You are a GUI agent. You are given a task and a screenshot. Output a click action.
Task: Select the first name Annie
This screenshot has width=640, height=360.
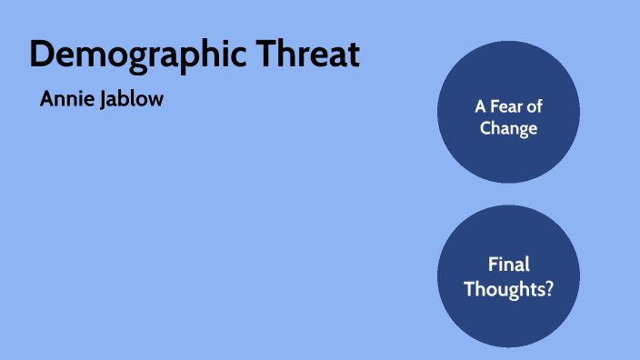[65, 99]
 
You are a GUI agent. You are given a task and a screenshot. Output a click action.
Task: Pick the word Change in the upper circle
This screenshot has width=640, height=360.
[508, 128]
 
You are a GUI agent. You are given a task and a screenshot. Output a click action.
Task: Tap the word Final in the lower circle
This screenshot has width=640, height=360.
[508, 265]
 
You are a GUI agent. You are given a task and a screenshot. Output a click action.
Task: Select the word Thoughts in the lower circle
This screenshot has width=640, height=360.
[503, 289]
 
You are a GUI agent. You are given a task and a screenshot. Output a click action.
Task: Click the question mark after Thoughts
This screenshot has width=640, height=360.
[548, 289]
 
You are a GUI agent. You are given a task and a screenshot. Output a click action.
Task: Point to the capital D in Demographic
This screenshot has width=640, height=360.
[41, 55]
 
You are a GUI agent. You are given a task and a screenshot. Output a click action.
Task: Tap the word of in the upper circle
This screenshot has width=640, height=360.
[535, 105]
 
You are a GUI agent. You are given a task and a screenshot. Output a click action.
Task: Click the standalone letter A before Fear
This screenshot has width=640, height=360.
[480, 105]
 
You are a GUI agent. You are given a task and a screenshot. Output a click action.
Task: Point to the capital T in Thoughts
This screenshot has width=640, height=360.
[469, 289]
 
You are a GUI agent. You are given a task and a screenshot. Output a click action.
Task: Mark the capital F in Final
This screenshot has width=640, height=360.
[493, 265]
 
